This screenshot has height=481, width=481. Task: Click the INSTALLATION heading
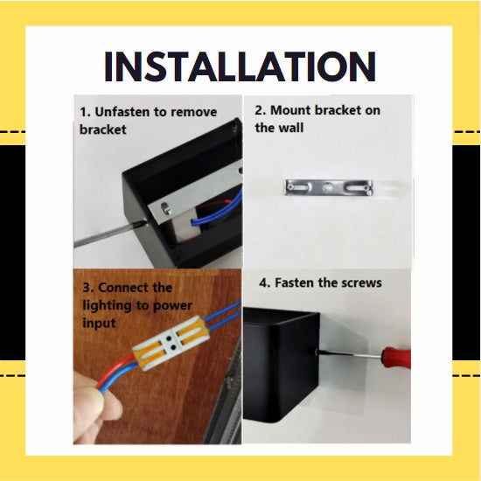(x=240, y=66)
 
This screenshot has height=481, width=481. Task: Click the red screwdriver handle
(x=396, y=357)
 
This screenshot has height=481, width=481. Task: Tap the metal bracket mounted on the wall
(x=329, y=187)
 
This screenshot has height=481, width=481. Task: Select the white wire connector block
(x=171, y=343)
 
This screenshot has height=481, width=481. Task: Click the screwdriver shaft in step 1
(x=108, y=234)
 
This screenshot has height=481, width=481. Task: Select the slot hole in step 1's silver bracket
(x=165, y=207)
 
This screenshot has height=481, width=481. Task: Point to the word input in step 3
(x=99, y=324)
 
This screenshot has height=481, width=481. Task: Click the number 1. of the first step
(x=86, y=112)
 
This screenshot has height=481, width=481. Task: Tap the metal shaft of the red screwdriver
(x=351, y=354)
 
